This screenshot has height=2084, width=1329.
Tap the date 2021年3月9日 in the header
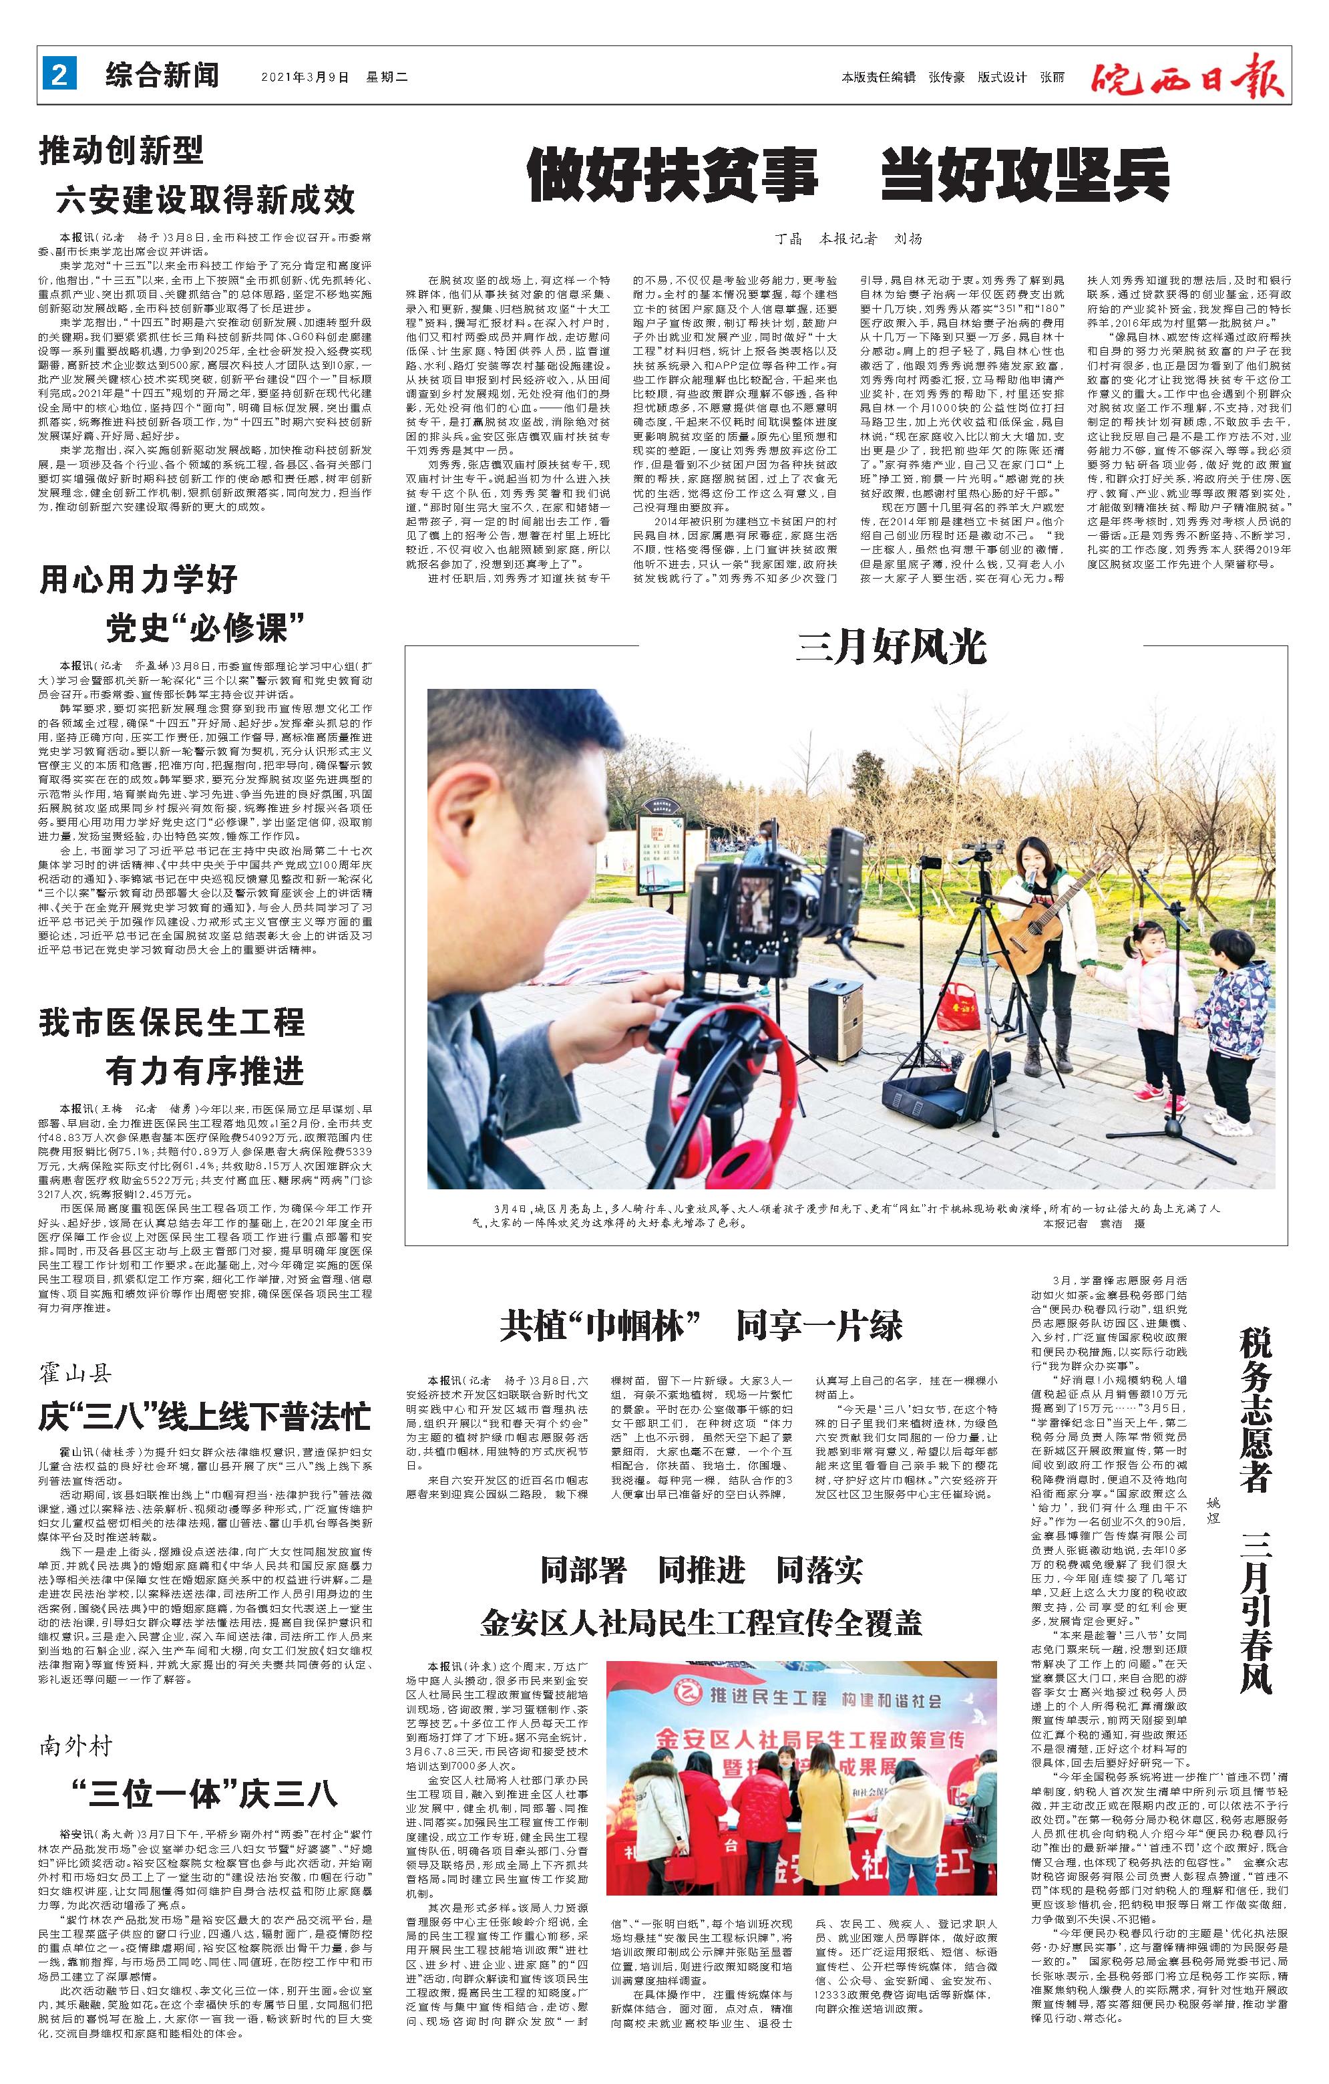coord(305,77)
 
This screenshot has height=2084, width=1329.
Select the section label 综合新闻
coord(163,76)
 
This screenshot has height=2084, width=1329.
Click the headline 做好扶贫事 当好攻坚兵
coord(849,175)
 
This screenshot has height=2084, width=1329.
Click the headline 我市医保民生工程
coord(172,1022)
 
